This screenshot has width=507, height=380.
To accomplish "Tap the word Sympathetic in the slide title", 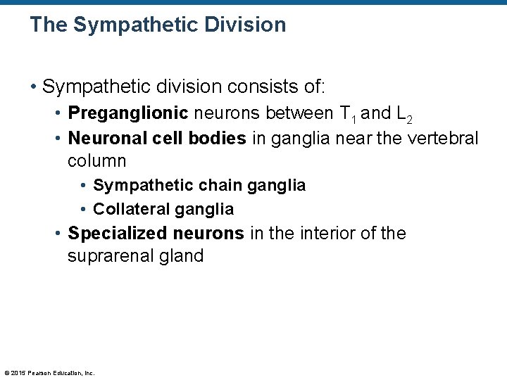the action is coord(137,25).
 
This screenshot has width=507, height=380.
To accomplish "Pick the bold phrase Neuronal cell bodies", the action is coord(157,138).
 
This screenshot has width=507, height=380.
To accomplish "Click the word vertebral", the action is coord(441,138).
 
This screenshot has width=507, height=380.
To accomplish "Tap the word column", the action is coord(96,161).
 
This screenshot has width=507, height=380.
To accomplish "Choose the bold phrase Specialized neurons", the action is coord(156,233).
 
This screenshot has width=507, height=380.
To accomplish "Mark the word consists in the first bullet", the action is coord(254,87).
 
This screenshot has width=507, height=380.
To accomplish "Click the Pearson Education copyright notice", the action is coord(49,373).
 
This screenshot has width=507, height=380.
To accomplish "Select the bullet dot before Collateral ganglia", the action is coord(83,210).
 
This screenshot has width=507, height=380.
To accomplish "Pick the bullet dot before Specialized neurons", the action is coord(58,234).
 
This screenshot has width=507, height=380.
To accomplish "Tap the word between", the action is coord(295,113).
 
